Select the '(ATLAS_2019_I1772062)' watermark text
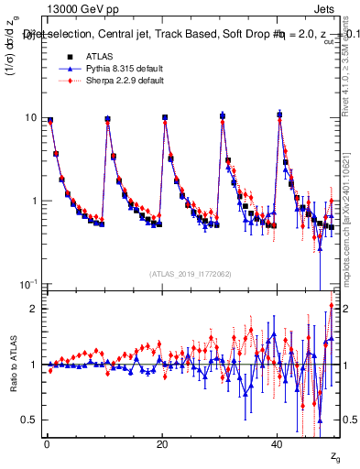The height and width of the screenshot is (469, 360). pyautogui.click(x=191, y=274)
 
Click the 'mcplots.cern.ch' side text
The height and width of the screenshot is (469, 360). pyautogui.click(x=346, y=247)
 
